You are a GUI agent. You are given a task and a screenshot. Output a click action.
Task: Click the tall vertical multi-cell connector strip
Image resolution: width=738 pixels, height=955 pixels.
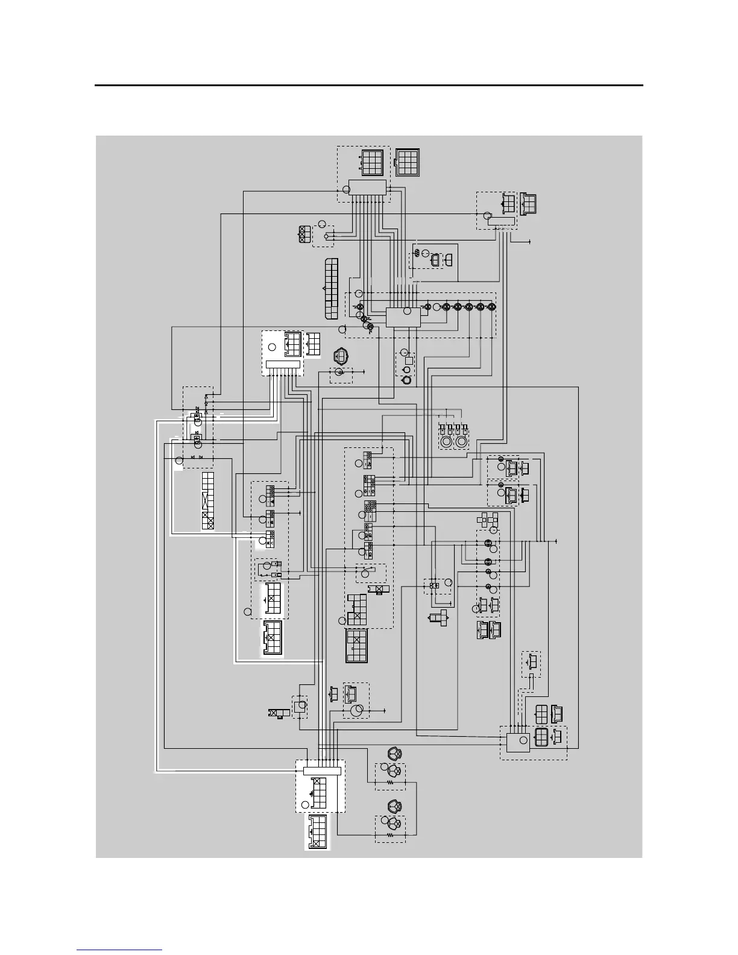(x=331, y=289)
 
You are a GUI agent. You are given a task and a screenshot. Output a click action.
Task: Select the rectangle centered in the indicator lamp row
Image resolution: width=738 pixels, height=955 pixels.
(x=403, y=317)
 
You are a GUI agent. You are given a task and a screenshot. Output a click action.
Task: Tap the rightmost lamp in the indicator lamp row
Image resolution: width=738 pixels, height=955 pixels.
(x=492, y=307)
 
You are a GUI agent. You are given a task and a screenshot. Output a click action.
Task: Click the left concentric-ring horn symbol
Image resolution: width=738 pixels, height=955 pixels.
(x=447, y=442)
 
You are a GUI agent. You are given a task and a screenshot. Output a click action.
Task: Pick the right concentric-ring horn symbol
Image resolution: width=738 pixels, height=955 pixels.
(x=462, y=442)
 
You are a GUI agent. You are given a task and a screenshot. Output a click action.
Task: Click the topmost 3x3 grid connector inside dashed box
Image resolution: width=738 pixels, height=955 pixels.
(x=372, y=162)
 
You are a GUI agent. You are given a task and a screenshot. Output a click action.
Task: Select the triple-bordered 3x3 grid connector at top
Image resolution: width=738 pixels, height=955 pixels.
(x=408, y=161)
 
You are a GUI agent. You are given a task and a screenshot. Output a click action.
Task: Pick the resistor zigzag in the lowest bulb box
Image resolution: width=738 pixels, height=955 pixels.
(x=390, y=836)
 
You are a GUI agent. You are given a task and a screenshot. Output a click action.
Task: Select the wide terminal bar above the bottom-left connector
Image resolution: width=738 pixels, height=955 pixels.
(x=322, y=771)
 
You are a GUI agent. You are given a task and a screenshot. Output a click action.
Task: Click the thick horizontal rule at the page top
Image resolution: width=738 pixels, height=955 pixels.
(x=369, y=86)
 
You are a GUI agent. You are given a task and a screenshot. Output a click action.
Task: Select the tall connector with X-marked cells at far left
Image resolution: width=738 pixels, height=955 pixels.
(x=207, y=501)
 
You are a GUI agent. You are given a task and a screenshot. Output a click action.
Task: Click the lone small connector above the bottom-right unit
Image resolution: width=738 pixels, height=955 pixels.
(x=531, y=663)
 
